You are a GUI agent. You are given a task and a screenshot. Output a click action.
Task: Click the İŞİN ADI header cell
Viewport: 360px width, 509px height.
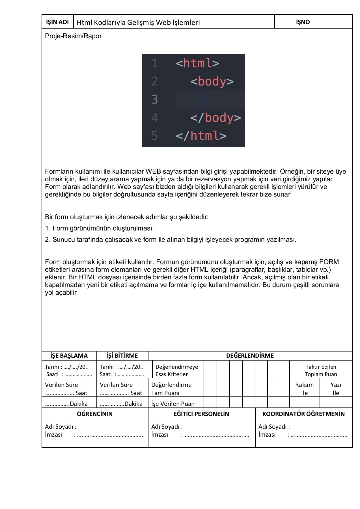57,22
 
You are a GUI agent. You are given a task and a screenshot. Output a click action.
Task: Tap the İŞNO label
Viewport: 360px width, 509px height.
303,22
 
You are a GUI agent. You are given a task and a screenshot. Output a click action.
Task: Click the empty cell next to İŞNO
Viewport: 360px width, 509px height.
342,22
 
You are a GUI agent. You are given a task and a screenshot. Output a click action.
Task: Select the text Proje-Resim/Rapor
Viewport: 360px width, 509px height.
73,36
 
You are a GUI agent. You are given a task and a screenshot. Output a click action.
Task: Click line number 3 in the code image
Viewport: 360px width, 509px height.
154,100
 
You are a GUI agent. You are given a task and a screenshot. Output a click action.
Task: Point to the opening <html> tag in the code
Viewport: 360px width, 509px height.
197,63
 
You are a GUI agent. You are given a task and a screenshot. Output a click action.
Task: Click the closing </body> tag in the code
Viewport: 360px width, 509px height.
215,118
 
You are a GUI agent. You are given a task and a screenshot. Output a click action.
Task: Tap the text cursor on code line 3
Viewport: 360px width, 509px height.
205,100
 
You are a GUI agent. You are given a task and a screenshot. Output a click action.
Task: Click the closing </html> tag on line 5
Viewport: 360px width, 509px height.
201,136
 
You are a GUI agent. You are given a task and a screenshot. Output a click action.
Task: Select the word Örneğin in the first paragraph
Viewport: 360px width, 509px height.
292,171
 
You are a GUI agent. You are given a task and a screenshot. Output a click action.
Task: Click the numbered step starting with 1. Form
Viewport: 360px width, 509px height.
99,228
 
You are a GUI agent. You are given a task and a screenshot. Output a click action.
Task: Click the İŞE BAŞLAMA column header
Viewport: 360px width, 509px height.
69,356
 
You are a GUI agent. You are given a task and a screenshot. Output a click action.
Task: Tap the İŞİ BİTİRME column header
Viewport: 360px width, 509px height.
122,356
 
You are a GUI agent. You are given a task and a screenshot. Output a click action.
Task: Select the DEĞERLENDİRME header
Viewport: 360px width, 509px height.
250,356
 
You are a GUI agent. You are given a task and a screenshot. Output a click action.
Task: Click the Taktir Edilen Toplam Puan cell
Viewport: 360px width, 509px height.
321,370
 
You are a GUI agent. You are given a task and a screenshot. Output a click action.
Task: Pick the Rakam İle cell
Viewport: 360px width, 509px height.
304,389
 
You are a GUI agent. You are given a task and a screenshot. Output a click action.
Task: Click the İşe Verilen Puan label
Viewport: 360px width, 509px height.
173,404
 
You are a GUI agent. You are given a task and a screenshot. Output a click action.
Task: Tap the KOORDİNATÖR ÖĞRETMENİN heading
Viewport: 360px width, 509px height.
303,414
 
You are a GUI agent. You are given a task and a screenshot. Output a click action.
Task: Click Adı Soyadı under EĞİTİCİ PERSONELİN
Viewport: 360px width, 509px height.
167,426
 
